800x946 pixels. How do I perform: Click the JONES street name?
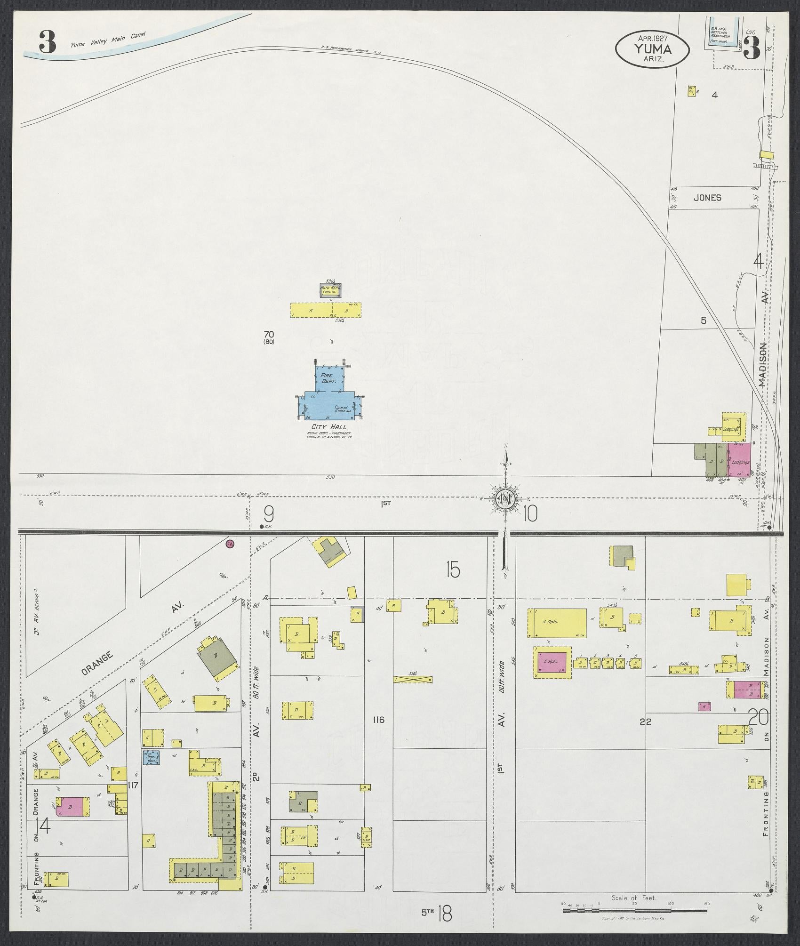pyautogui.click(x=707, y=198)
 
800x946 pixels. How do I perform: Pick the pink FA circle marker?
pyautogui.click(x=230, y=544)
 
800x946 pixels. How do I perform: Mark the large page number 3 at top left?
pyautogui.click(x=47, y=42)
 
